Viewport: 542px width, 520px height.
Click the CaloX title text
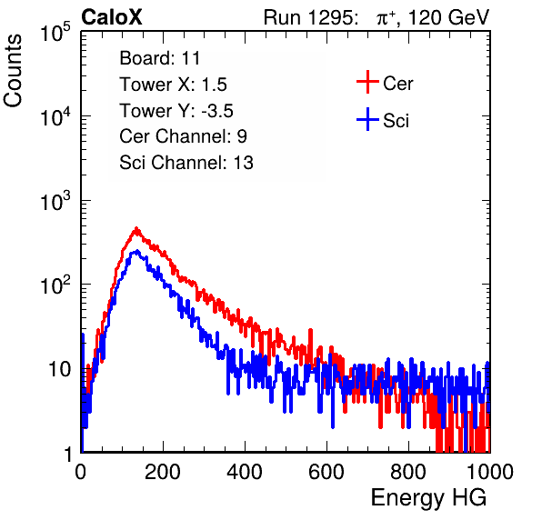[111, 17]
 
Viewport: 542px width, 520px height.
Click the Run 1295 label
[310, 17]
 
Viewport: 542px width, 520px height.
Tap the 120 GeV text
[448, 17]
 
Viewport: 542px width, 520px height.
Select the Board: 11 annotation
[160, 58]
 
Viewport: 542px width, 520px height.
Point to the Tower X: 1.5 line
[173, 85]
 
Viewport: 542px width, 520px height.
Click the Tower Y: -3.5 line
[176, 111]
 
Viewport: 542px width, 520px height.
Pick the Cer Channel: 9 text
[183, 136]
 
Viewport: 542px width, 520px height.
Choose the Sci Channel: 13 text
[186, 163]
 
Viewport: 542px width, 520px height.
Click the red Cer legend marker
[367, 82]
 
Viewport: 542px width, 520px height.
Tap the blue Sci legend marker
[367, 120]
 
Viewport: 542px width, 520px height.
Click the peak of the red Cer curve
[136, 228]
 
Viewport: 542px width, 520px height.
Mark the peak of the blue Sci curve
[137, 251]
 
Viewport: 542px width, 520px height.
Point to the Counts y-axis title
[13, 71]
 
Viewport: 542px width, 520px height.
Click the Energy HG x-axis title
[428, 498]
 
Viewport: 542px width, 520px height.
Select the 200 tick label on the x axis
[163, 472]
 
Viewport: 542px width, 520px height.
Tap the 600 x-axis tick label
[326, 472]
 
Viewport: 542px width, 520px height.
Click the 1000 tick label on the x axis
[490, 472]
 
